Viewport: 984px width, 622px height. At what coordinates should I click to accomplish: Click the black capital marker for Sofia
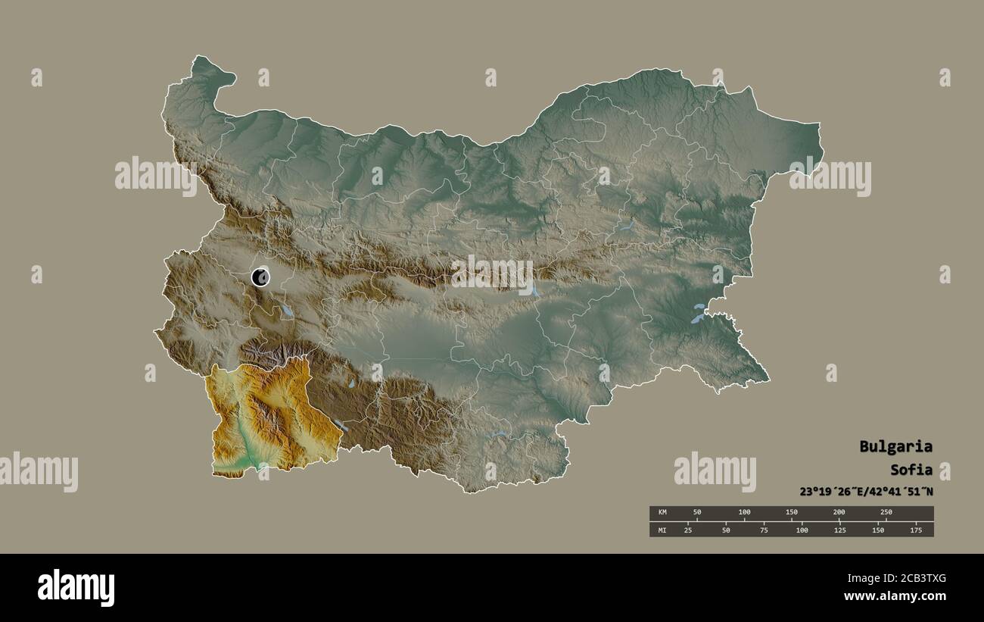(x=260, y=277)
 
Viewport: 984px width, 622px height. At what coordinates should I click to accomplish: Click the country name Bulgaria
(x=895, y=446)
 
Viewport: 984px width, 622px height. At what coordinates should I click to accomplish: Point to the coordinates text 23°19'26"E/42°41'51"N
(x=866, y=491)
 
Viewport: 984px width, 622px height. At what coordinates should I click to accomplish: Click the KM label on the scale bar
(x=662, y=513)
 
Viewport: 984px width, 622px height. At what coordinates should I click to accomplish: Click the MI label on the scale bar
(x=662, y=530)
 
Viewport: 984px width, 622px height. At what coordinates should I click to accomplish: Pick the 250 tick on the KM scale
(x=886, y=513)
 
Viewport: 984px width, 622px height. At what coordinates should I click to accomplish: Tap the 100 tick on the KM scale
(x=745, y=513)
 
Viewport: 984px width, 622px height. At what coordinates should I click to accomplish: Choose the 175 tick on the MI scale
(x=915, y=530)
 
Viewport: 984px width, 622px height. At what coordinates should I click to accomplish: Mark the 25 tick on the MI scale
(x=688, y=530)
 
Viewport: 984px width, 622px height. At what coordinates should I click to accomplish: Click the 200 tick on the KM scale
(x=839, y=513)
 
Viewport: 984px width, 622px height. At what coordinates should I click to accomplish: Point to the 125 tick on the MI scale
(x=839, y=530)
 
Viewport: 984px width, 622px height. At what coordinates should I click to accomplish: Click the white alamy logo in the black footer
(x=76, y=588)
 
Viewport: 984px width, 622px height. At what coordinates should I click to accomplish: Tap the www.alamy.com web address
(x=895, y=596)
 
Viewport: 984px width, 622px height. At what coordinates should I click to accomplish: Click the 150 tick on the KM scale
(x=792, y=513)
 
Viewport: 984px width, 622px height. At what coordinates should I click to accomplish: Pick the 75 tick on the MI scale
(x=764, y=530)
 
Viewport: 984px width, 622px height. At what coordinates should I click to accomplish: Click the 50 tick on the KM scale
(x=697, y=513)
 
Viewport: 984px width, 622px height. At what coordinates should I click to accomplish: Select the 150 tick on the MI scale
(x=877, y=530)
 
